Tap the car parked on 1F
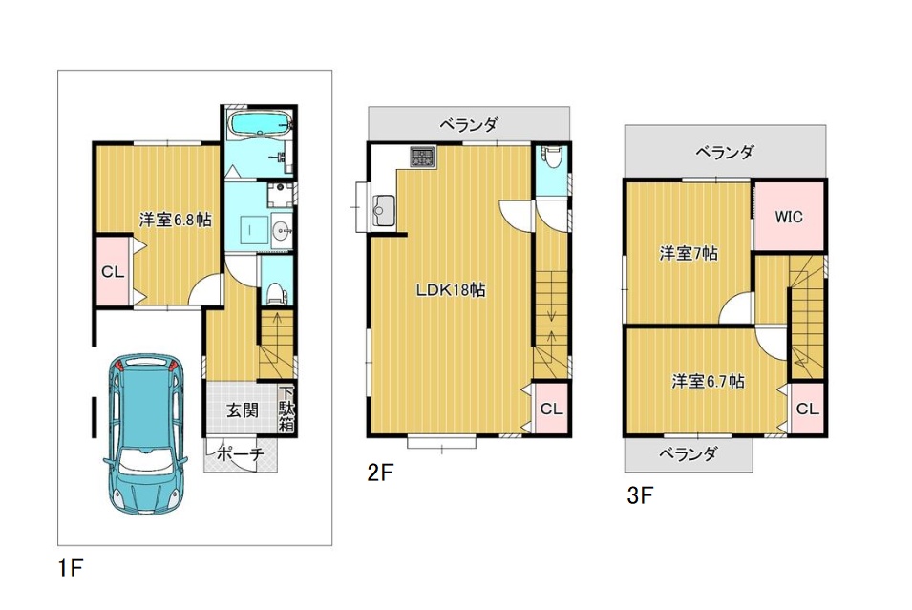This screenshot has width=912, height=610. pos(146,433)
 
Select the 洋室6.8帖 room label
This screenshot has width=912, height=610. pos(175,220)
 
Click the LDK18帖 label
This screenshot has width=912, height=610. pos(451,289)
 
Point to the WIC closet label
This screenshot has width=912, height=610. pos(789,217)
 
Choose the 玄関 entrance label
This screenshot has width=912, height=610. pos(242,410)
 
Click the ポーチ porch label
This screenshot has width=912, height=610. pos(241,454)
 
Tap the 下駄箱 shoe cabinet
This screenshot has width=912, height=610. pos(286,409)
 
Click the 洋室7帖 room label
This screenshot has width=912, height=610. pos(689,254)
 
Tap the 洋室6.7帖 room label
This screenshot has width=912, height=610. pos(708,382)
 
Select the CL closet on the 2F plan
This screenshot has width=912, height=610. pos(551,409)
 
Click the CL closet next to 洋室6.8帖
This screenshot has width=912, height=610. pos(113,271)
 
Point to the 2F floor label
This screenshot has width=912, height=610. pos(380,473)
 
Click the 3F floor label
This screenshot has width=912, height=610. pos(640,495)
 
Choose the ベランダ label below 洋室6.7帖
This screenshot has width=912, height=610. pos(688,453)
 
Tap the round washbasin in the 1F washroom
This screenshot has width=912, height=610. pos(283,231)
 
